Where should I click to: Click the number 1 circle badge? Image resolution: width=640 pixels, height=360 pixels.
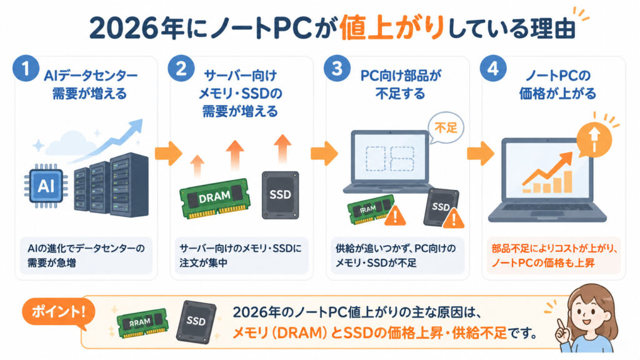(26, 68)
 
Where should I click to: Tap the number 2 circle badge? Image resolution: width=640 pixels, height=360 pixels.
(181, 68)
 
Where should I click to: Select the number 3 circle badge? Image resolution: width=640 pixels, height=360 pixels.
(337, 68)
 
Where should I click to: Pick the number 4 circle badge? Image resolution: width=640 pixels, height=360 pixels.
(493, 68)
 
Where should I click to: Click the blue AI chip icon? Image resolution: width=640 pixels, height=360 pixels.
(46, 186)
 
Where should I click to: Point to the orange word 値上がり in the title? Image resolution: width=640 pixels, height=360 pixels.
(392, 27)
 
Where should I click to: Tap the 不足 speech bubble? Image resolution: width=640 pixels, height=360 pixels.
(446, 128)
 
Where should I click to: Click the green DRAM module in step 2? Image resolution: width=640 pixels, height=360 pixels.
(215, 198)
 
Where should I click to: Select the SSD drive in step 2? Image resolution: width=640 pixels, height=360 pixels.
(281, 195)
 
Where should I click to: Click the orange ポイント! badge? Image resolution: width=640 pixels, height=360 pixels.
(58, 312)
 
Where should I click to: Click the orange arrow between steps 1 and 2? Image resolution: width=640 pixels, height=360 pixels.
(168, 154)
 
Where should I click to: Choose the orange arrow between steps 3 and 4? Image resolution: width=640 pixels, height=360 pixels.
(481, 154)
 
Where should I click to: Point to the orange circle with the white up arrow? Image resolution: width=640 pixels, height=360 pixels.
(594, 139)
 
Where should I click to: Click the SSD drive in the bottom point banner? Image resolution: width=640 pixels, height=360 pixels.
(196, 322)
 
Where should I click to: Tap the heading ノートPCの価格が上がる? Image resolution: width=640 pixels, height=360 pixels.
(557, 84)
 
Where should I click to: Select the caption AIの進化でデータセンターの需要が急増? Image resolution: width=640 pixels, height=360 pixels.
(86, 256)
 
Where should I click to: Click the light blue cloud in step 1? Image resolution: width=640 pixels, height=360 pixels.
(67, 142)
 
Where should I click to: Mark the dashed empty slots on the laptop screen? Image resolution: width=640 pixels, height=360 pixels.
(390, 158)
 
